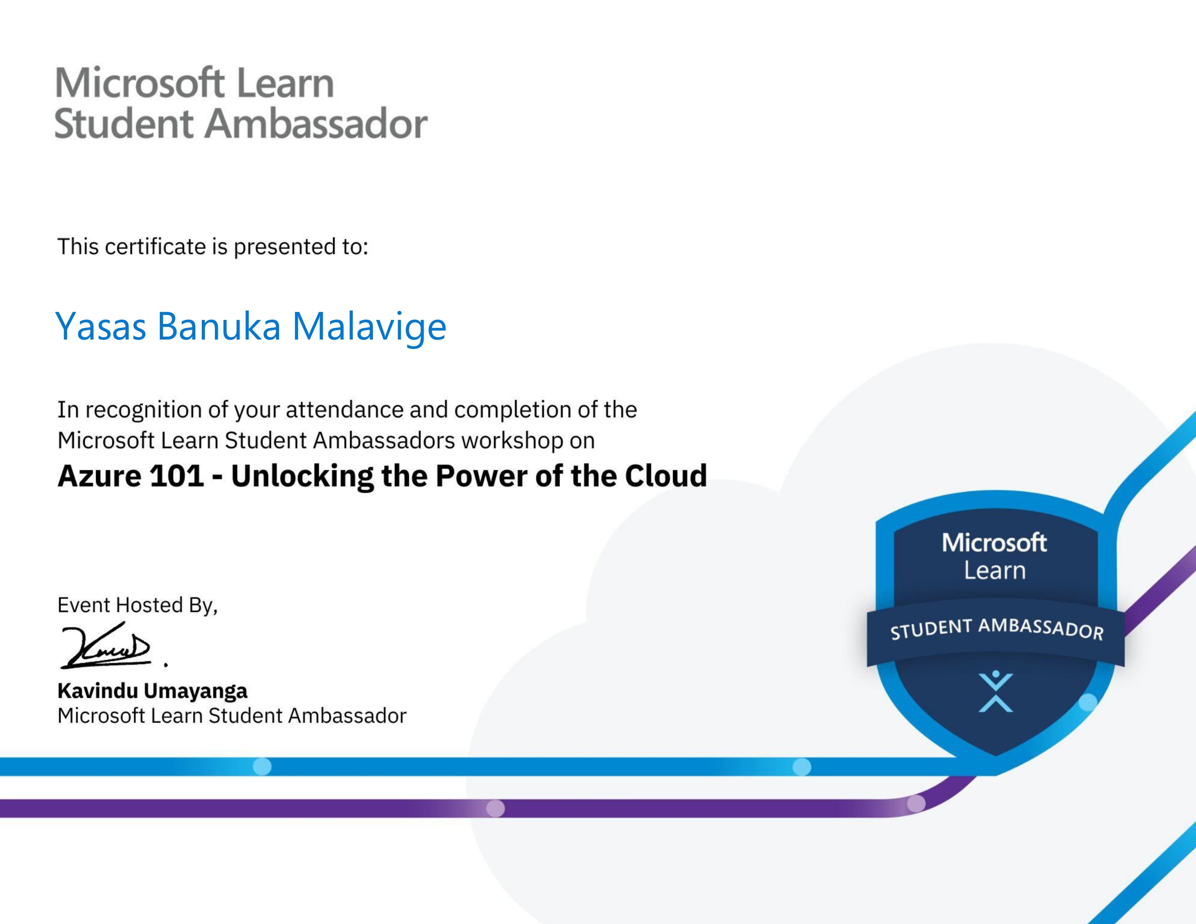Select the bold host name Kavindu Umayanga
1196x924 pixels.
click(x=152, y=691)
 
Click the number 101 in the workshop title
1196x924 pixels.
click(x=177, y=476)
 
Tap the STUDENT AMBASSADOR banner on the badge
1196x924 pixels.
click(x=996, y=629)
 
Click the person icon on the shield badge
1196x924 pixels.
click(x=996, y=691)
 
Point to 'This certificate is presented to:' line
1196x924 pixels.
click(x=212, y=247)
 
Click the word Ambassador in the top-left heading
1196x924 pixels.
click(x=316, y=124)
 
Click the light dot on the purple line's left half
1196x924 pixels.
click(x=495, y=808)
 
